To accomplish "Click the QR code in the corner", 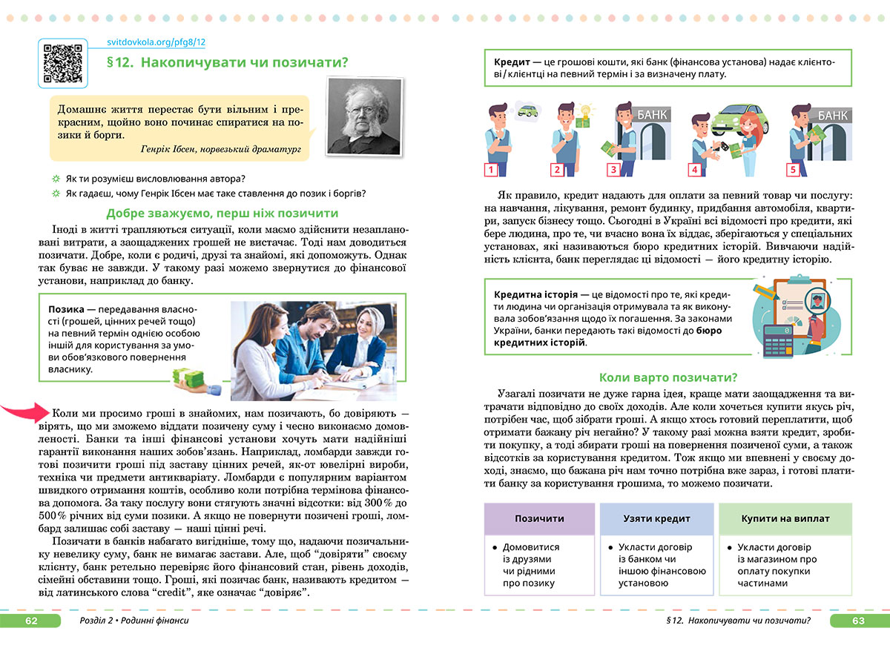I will (62, 62).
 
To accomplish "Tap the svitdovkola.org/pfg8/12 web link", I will (156, 44).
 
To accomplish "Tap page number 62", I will (31, 620).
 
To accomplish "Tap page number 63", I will (859, 620).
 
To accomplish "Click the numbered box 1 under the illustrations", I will (489, 171).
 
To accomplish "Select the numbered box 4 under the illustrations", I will (694, 171).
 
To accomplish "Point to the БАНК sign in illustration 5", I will (833, 116).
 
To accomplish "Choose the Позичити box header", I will (539, 518).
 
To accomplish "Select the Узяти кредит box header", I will (656, 518).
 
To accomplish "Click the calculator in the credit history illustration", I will (778, 339).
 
